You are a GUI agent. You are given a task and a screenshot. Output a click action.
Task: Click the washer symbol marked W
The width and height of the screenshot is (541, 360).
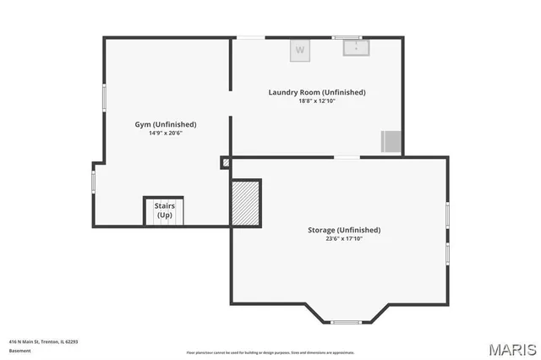(x=299, y=51)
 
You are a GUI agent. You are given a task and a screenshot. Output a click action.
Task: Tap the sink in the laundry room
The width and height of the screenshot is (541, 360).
(x=355, y=47)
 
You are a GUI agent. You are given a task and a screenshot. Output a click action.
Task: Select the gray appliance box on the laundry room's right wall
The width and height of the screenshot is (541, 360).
(x=391, y=141)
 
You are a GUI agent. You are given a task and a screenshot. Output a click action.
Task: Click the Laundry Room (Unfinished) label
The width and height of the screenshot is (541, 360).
(x=317, y=92)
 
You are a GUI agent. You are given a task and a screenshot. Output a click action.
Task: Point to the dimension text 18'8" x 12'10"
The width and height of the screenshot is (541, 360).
(x=317, y=101)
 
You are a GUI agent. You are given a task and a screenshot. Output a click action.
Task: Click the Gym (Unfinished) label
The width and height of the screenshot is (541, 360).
(x=166, y=124)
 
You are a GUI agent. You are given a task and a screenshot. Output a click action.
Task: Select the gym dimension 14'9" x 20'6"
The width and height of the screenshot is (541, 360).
(x=166, y=134)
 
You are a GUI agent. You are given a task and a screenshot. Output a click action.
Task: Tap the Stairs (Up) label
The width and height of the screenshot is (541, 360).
(x=164, y=210)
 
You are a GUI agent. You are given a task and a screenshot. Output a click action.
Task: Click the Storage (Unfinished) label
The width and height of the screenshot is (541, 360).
(x=343, y=230)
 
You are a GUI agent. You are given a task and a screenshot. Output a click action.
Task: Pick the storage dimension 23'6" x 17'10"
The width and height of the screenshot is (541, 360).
(x=343, y=239)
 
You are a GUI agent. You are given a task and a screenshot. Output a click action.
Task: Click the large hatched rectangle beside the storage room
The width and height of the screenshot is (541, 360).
(x=245, y=202)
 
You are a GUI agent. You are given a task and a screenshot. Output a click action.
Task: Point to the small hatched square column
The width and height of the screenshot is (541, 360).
(x=226, y=162)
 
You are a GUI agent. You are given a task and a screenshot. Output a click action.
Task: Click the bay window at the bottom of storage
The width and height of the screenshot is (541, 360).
(x=345, y=322)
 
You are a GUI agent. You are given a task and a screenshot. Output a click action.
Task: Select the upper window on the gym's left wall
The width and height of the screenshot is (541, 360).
(x=104, y=96)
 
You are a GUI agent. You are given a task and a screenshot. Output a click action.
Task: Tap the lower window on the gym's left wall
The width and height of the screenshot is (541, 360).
(x=94, y=182)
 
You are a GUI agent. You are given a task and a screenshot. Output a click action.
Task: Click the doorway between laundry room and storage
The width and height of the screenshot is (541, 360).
(x=347, y=157)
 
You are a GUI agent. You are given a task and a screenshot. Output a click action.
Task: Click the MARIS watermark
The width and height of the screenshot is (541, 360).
(x=512, y=348)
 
